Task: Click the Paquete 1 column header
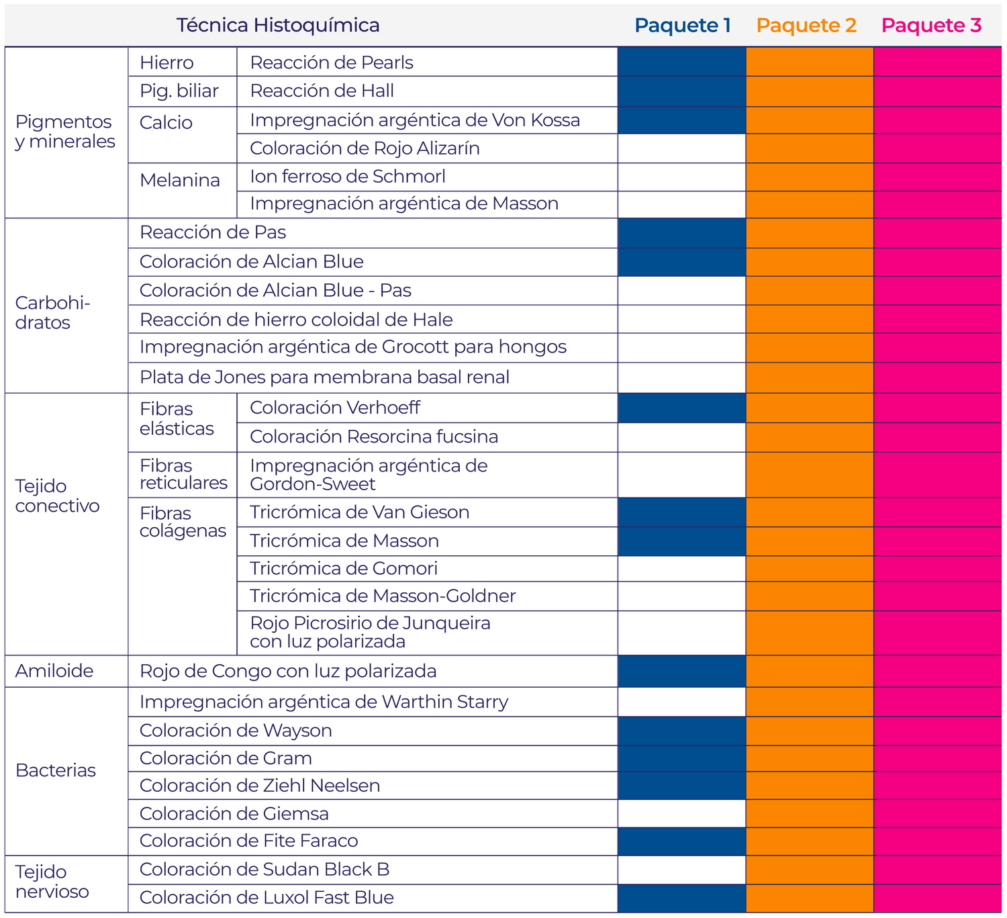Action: point(682,26)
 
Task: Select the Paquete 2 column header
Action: point(806,26)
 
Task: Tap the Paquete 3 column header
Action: point(931,26)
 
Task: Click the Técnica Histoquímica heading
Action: point(278,26)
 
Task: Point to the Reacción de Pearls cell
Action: point(332,62)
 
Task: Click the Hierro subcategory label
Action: point(166,62)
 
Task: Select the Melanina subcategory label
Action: point(180,180)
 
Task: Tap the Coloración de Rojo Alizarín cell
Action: point(365,148)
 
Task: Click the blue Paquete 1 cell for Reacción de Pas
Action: point(681,233)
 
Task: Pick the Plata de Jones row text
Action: point(324,377)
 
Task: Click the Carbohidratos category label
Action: point(52,312)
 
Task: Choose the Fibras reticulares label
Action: point(183,474)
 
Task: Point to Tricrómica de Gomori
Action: point(344,569)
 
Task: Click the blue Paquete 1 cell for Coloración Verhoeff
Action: point(681,408)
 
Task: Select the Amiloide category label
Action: point(54,671)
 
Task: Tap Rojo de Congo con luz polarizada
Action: point(288,671)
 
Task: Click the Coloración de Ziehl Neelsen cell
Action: point(260,786)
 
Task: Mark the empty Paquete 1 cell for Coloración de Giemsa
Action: point(681,814)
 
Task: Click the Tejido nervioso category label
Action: point(52,882)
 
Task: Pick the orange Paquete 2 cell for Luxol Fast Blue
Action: point(809,898)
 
